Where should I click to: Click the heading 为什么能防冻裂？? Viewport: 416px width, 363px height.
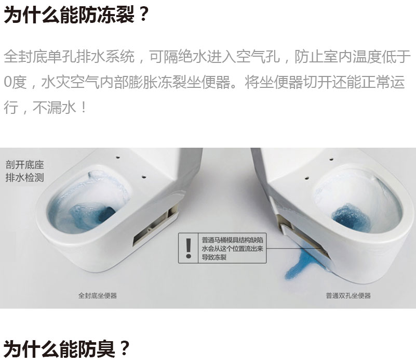click(x=76, y=15)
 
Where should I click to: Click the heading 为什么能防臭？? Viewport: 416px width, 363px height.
click(x=66, y=348)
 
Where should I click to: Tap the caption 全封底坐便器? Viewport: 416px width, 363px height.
click(x=97, y=295)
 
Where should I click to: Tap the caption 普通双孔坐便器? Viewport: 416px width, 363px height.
click(x=348, y=295)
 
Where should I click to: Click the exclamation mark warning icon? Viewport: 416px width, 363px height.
click(x=189, y=248)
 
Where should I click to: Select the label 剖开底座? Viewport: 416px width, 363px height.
click(x=24, y=165)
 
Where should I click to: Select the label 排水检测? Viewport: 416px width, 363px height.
click(x=24, y=177)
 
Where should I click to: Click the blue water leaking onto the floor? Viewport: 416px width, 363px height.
click(x=302, y=263)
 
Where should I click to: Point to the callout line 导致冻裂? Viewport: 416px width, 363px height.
click(x=214, y=257)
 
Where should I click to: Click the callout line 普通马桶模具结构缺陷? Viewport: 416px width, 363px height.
click(x=232, y=240)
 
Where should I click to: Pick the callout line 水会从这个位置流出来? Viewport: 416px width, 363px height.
click(x=232, y=249)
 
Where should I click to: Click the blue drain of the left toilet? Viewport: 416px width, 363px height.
click(x=106, y=214)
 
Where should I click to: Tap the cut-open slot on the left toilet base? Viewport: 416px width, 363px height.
click(x=155, y=226)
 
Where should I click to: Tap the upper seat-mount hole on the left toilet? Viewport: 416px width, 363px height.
click(x=118, y=158)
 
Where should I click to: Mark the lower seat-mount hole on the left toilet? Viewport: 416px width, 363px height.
click(x=144, y=176)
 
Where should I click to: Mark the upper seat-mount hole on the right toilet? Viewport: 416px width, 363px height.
click(x=331, y=160)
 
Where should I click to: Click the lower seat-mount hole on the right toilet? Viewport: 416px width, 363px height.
click(x=306, y=178)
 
